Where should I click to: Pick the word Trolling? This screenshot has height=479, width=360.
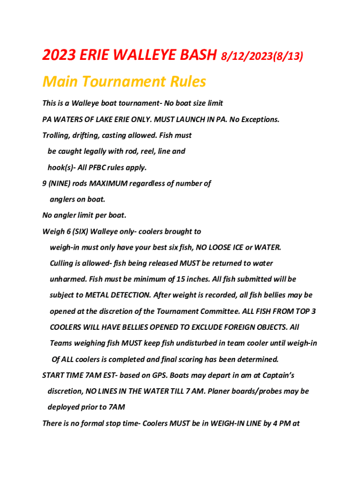tap(56, 136)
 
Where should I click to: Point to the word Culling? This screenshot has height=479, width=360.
tap(63, 263)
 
